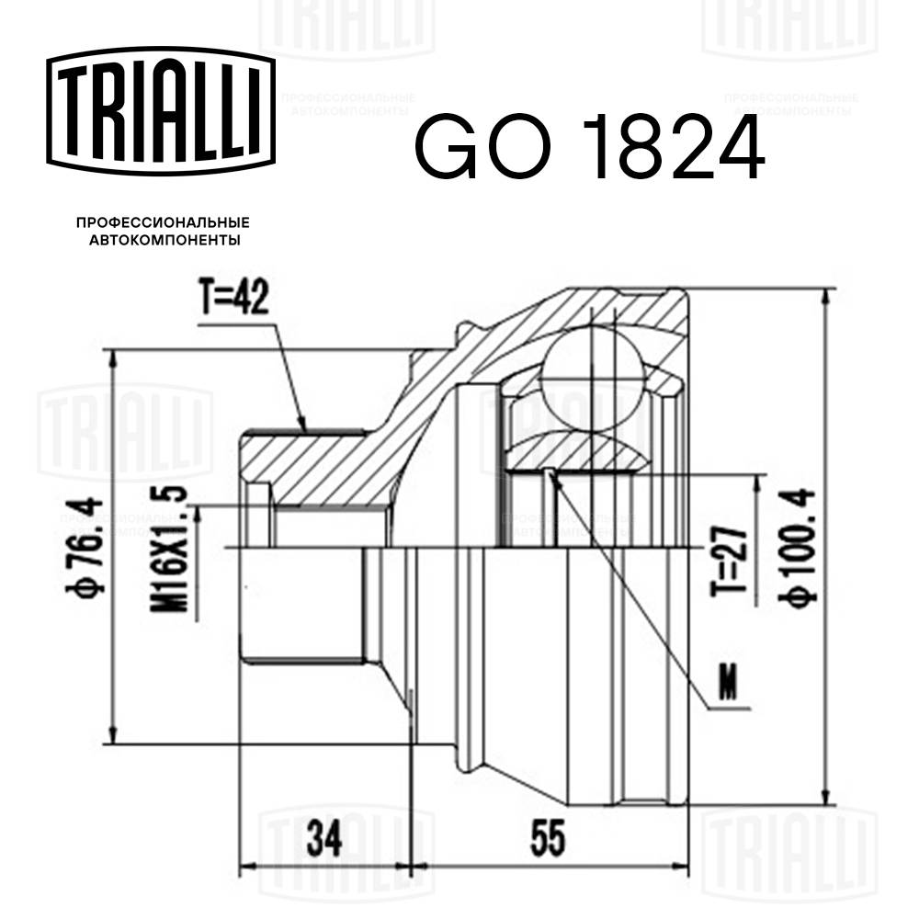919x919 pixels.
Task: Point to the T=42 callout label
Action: [x=233, y=301]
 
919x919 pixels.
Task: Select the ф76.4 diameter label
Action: [x=88, y=546]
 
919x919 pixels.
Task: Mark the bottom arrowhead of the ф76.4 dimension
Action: [x=112, y=737]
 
